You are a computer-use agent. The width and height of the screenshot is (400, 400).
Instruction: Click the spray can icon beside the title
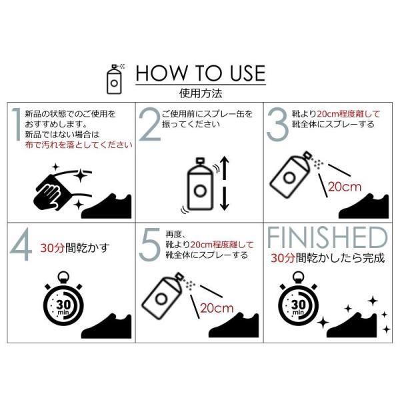pyautogui.click(x=114, y=79)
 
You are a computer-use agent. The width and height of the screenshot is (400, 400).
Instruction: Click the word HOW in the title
pyautogui.click(x=161, y=73)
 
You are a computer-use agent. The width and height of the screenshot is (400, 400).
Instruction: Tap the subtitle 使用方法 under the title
pyautogui.click(x=201, y=93)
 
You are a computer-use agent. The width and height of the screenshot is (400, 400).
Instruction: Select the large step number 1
pyautogui.click(x=17, y=124)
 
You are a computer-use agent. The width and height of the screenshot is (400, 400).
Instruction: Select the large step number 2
pyautogui.click(x=149, y=124)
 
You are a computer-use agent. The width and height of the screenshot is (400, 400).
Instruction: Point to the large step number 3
pyautogui.click(x=277, y=124)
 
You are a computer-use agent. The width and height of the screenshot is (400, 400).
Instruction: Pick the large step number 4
pyautogui.click(x=21, y=245)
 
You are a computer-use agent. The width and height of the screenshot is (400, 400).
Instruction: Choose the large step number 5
pyautogui.click(x=151, y=245)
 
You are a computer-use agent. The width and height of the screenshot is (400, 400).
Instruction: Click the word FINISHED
pyautogui.click(x=327, y=237)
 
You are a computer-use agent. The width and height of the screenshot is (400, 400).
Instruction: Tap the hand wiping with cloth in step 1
pyautogui.click(x=51, y=192)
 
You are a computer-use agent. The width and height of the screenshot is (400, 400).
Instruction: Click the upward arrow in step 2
pyautogui.click(x=224, y=169)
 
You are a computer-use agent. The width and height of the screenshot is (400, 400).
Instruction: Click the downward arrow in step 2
pyautogui.click(x=224, y=198)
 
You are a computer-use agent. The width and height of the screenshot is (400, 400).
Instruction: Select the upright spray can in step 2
pyautogui.click(x=200, y=184)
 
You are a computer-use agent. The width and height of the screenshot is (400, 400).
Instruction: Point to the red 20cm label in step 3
pyautogui.click(x=345, y=187)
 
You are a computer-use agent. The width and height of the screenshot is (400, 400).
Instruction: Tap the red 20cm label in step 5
pyautogui.click(x=217, y=308)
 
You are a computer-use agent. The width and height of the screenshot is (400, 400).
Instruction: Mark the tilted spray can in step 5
pyautogui.click(x=162, y=295)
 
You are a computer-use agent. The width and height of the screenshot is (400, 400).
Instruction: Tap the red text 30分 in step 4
pyautogui.click(x=52, y=248)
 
